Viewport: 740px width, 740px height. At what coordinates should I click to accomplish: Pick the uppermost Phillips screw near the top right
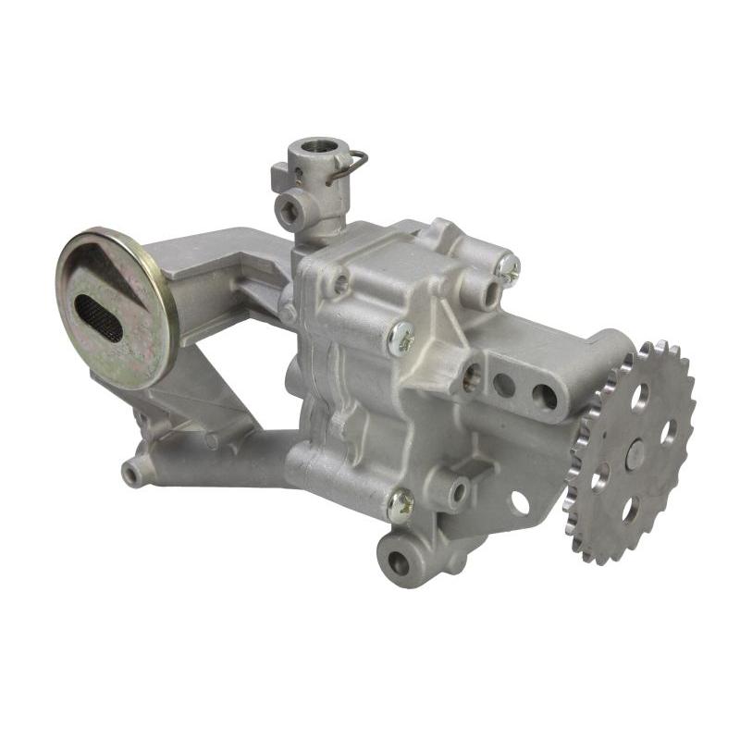pyautogui.click(x=507, y=268)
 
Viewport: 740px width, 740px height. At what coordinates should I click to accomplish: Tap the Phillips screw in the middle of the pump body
pyautogui.click(x=401, y=338)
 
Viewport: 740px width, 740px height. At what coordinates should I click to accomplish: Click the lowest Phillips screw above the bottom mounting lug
pyautogui.click(x=401, y=504)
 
